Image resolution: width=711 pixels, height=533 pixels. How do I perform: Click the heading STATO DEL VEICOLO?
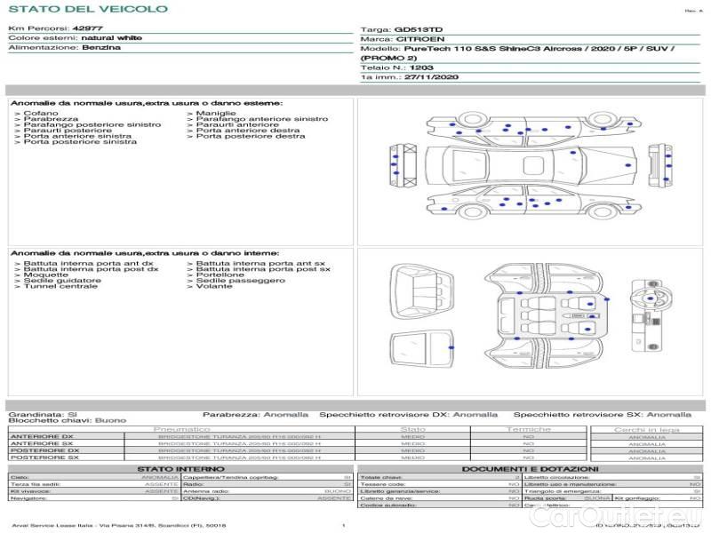pyautogui.click(x=87, y=9)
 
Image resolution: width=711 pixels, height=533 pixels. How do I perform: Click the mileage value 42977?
pyautogui.click(x=87, y=28)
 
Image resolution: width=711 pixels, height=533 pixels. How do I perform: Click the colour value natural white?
pyautogui.click(x=110, y=38)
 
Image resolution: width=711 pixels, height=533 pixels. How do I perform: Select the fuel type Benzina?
pyautogui.click(x=100, y=47)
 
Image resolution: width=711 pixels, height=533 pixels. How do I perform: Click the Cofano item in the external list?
pyautogui.click(x=41, y=114)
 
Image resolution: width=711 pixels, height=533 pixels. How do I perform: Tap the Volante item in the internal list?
pyautogui.click(x=214, y=287)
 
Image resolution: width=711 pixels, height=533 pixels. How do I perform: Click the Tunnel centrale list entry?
pyautogui.click(x=60, y=287)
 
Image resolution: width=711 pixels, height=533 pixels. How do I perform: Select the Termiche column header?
pyautogui.click(x=528, y=430)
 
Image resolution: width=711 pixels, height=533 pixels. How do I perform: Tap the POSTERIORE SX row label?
pyautogui.click(x=42, y=458)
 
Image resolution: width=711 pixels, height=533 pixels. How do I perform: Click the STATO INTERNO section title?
pyautogui.click(x=181, y=468)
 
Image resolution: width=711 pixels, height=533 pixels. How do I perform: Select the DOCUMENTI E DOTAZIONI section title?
pyautogui.click(x=530, y=468)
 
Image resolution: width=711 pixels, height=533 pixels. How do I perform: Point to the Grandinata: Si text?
pyautogui.click(x=43, y=414)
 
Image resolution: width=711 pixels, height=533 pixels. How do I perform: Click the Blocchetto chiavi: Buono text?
pyautogui.click(x=67, y=420)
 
